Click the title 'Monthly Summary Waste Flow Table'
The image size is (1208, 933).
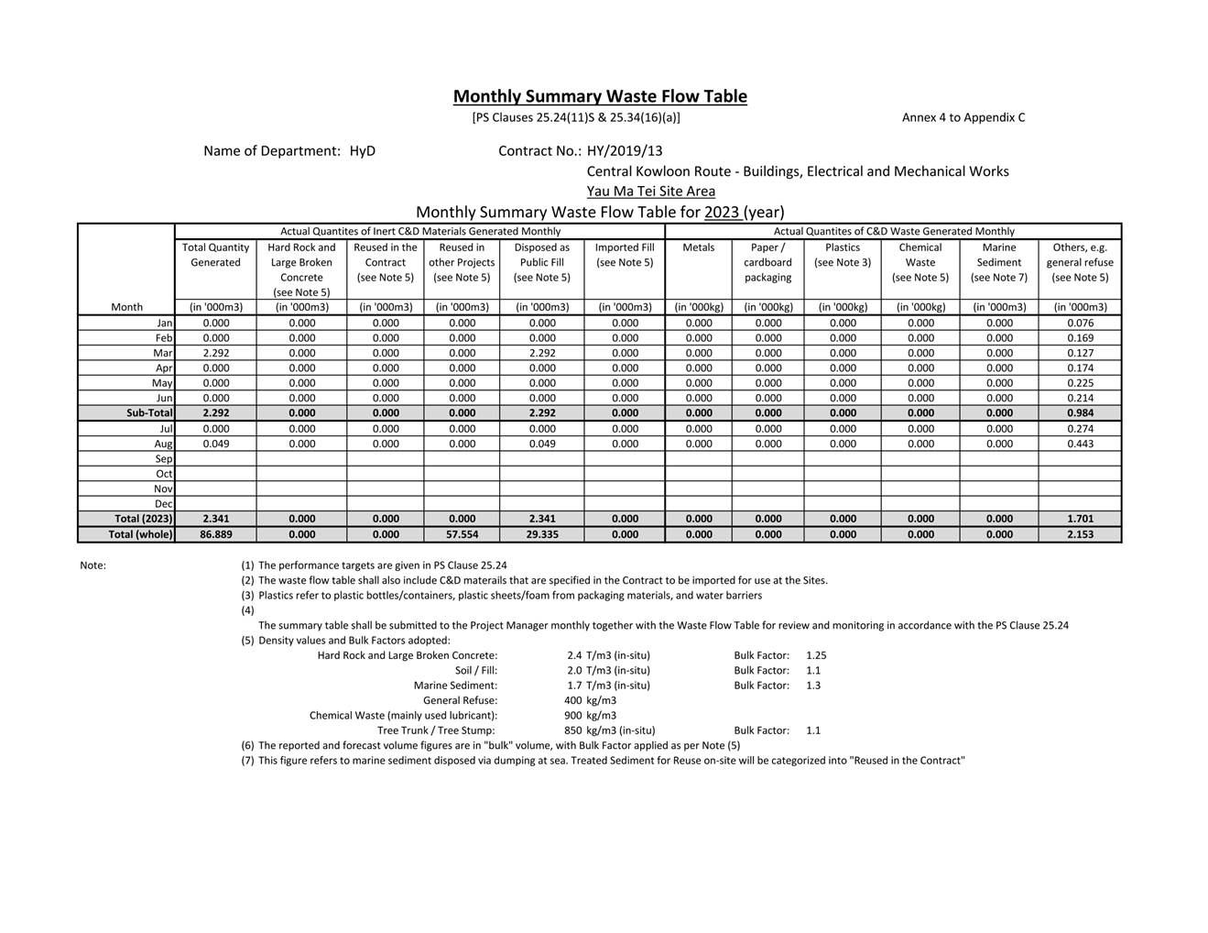600,96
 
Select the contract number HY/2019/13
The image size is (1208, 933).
625,151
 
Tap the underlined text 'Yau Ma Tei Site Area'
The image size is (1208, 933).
650,192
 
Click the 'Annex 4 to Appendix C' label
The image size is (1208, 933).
963,117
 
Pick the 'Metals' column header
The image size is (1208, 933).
698,247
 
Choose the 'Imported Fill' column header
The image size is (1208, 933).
624,247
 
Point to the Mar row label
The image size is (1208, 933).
163,353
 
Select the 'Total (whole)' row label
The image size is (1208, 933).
140,534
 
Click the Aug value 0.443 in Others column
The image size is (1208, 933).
1080,444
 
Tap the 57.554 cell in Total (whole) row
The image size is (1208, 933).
462,534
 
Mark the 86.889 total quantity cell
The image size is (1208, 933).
215,534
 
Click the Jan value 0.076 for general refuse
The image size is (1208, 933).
1080,323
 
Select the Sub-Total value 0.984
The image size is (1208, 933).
1080,413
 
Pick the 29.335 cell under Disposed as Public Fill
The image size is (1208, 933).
541,534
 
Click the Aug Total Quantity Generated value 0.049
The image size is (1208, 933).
215,444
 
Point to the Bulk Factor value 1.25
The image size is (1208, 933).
816,655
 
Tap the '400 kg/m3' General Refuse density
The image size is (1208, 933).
590,700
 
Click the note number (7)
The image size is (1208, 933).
247,761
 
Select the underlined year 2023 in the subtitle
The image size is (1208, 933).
722,213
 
